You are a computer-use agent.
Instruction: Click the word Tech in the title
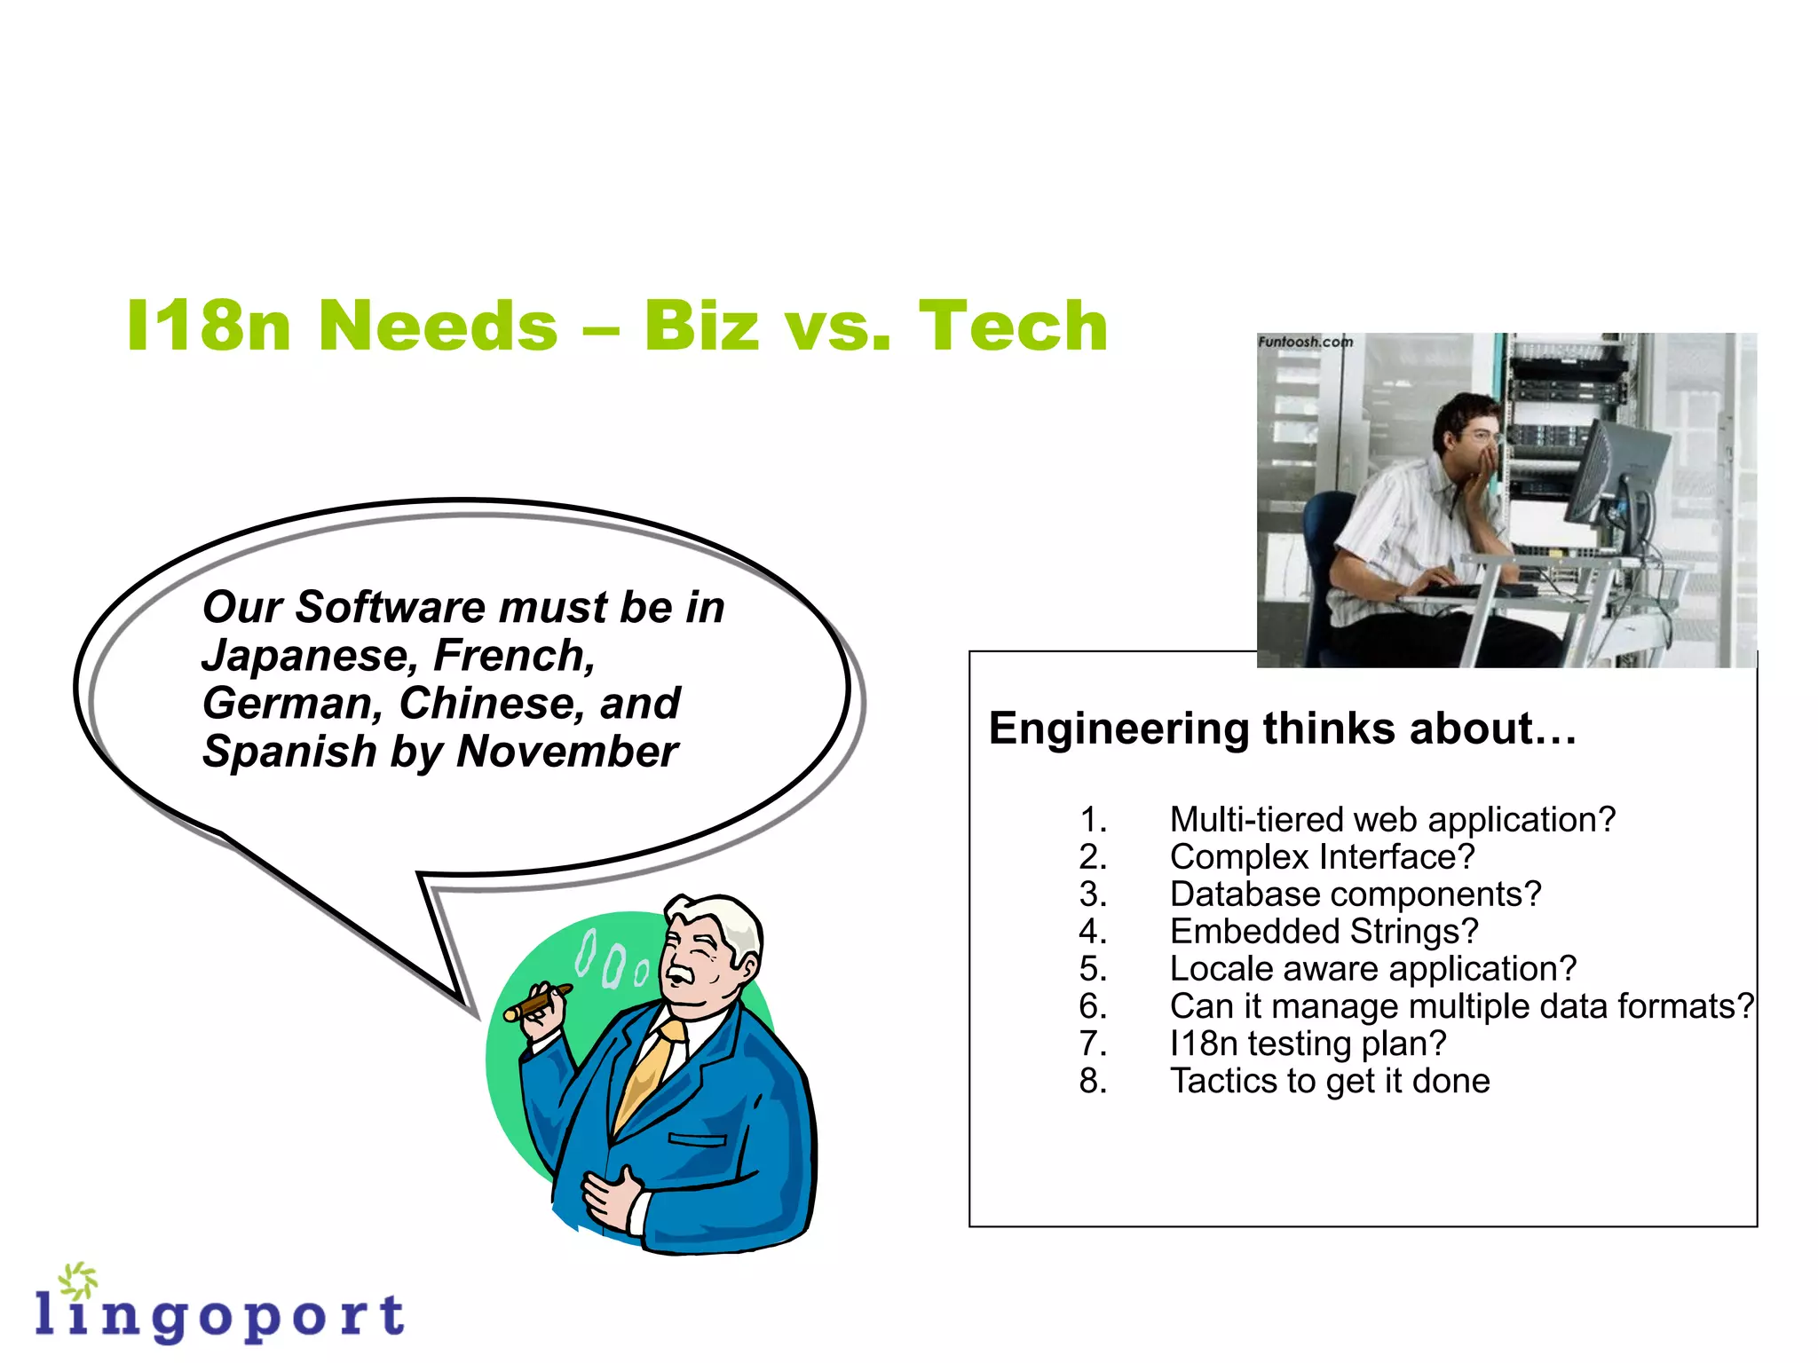[x=1013, y=327]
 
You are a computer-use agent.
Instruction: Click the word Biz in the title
[x=701, y=327]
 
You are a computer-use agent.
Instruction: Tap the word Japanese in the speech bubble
[x=304, y=657]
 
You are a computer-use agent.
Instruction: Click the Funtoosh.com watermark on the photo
[x=1304, y=342]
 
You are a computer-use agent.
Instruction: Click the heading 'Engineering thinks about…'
[x=1282, y=729]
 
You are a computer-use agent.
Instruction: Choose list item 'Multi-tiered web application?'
[x=1392, y=820]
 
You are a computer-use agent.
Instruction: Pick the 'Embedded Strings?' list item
[x=1324, y=932]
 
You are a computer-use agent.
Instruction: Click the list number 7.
[x=1093, y=1044]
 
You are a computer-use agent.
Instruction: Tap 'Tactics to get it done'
[x=1329, y=1081]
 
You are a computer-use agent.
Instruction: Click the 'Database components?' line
[x=1355, y=894]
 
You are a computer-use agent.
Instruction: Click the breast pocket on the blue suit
[x=697, y=1139]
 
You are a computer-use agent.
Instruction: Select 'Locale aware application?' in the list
[x=1372, y=969]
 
